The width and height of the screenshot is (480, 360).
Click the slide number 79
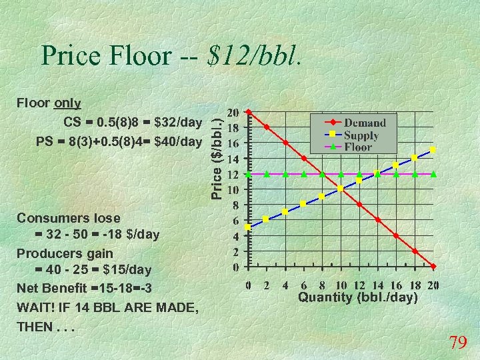pos(457,343)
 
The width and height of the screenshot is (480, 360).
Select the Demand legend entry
pos(365,123)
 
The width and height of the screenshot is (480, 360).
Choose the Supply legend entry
pos(361,135)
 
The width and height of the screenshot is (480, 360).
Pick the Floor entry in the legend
pos(358,147)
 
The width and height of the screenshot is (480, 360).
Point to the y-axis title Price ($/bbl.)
pos(217,154)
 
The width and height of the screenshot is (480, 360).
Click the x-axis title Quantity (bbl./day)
pos(357,297)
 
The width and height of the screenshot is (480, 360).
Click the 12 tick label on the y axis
pos(234,174)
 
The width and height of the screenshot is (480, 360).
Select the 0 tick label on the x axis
pos(248,286)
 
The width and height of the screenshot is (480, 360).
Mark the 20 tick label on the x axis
pos(433,286)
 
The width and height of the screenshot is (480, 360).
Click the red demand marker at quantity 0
pos(248,111)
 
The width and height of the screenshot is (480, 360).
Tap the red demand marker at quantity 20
pos(433,267)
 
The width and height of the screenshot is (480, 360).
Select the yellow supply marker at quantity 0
pos(248,227)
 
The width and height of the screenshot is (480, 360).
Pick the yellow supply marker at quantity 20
pos(433,150)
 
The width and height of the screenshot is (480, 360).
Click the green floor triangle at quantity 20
pos(433,173)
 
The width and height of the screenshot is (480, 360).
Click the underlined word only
pos(67,104)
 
